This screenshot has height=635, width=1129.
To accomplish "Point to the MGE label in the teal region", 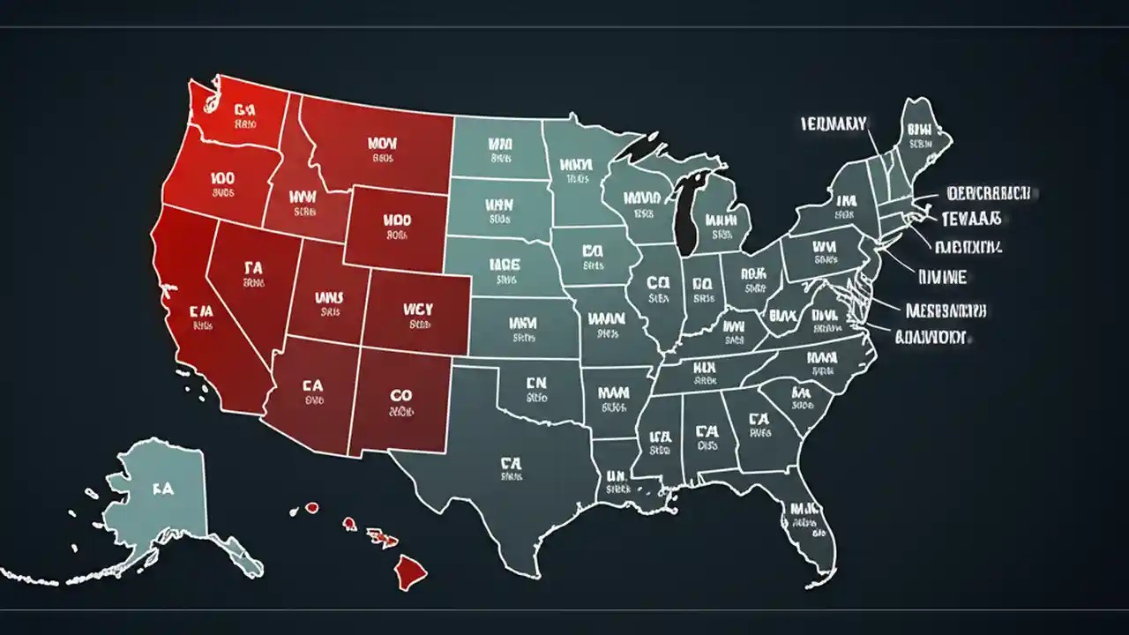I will tap(505, 264).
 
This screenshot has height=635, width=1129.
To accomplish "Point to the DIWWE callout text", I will tap(942, 277).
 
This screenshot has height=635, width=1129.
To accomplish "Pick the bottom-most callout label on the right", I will tap(931, 336).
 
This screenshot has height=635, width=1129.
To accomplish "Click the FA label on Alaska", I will tap(162, 487).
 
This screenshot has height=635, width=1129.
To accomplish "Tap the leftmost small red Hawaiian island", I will tap(310, 508).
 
